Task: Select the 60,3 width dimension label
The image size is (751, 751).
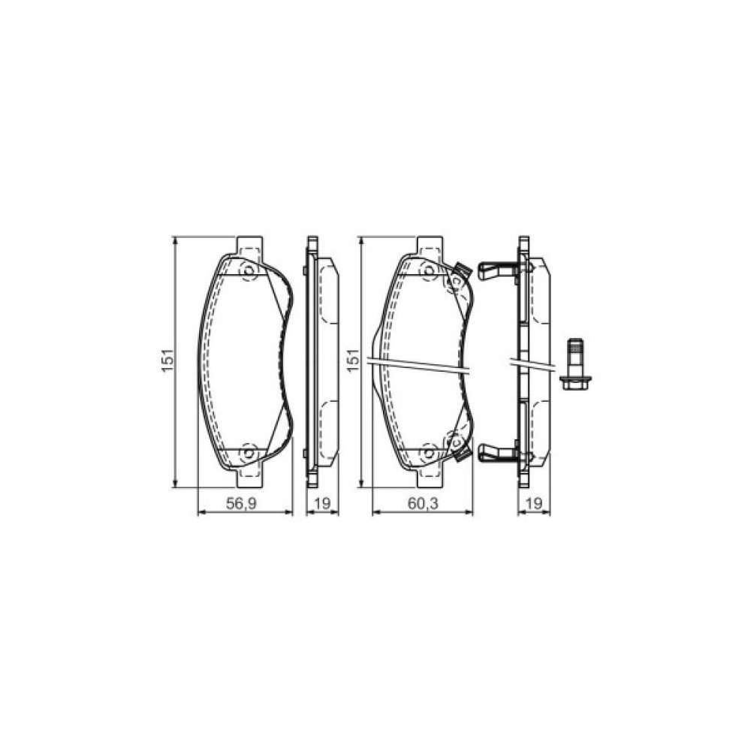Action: (422, 505)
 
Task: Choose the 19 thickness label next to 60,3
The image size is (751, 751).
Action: (534, 505)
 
